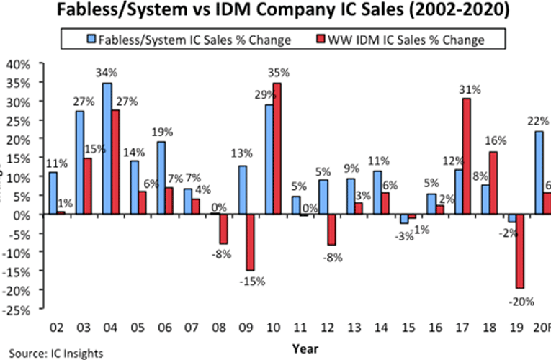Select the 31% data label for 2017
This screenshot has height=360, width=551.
pyautogui.click(x=468, y=89)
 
